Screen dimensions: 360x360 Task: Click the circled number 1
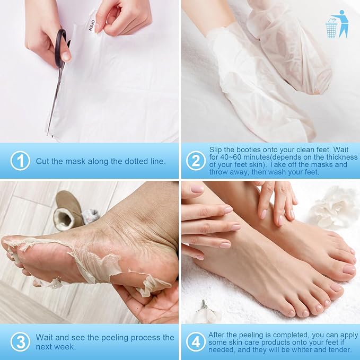coord(20,161)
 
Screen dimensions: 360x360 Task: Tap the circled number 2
coord(196,161)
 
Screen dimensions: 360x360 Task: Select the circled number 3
coord(20,342)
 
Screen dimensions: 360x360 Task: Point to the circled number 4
coord(196,342)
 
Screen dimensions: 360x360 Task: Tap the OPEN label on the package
coord(91,25)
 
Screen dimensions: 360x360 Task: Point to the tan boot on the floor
coord(68,210)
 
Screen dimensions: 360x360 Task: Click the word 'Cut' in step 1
coord(42,161)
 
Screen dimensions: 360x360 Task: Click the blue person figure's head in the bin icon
coord(342,12)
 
